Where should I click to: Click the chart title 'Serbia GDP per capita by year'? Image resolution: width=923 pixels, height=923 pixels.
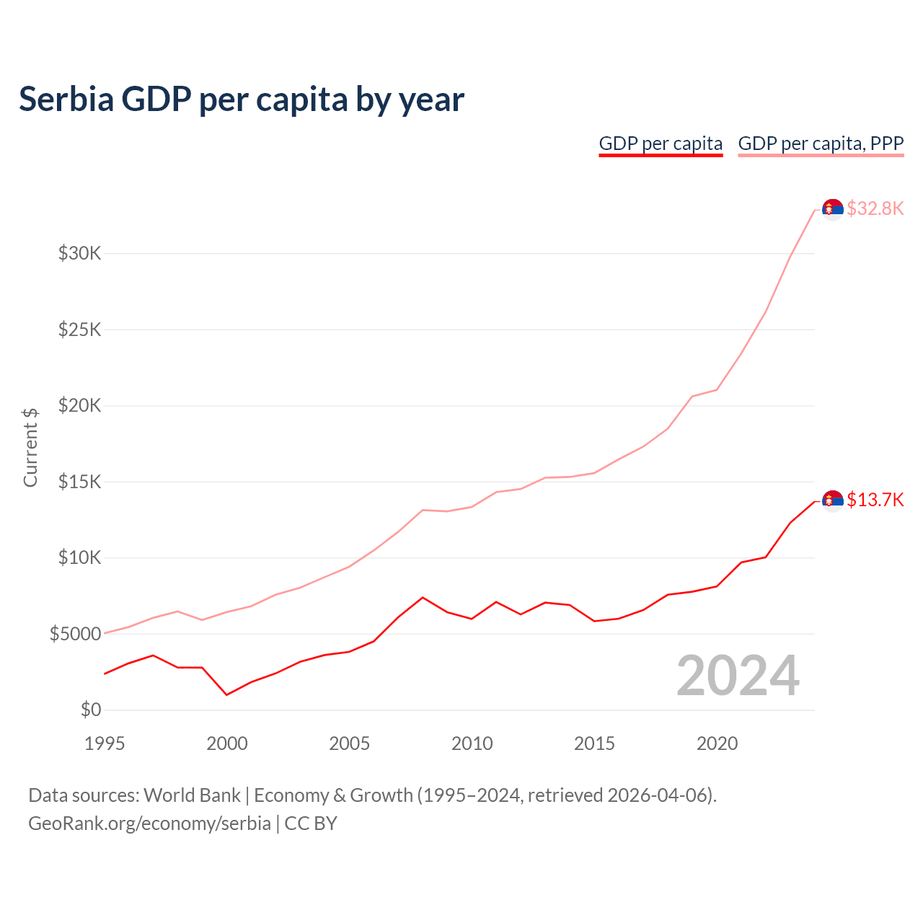[x=242, y=99]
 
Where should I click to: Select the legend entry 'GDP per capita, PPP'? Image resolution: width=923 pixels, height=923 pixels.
[x=821, y=143]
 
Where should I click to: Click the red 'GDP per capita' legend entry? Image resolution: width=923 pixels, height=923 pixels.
[x=661, y=143]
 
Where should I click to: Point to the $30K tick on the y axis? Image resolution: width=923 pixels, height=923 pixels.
[x=80, y=253]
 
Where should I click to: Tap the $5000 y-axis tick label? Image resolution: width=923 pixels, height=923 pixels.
[x=75, y=634]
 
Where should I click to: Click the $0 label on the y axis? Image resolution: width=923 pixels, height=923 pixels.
[x=90, y=710]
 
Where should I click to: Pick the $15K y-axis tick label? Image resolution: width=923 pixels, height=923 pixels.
[x=80, y=482]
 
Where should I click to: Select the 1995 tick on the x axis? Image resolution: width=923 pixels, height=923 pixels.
[x=105, y=743]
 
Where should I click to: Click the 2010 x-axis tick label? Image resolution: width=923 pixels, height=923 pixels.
[x=472, y=743]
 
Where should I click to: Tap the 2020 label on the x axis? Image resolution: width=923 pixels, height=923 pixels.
[x=717, y=743]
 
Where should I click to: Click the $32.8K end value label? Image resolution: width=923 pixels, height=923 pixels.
[x=875, y=208]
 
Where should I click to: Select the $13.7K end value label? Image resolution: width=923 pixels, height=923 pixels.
[x=875, y=500]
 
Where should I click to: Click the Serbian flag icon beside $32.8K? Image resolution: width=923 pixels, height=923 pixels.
[x=833, y=209]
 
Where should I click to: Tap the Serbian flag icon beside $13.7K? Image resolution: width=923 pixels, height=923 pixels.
[x=833, y=500]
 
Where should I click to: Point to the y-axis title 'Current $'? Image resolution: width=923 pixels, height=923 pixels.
[x=30, y=447]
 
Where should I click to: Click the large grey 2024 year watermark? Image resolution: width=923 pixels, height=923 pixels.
[x=738, y=676]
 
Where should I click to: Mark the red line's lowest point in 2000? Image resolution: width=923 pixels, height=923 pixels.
[x=227, y=694]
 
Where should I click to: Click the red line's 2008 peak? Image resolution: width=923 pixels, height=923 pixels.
[x=423, y=597]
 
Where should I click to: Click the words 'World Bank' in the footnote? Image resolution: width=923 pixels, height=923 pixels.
[x=192, y=795]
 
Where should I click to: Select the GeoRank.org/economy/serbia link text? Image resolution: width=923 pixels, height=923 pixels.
[x=149, y=823]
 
